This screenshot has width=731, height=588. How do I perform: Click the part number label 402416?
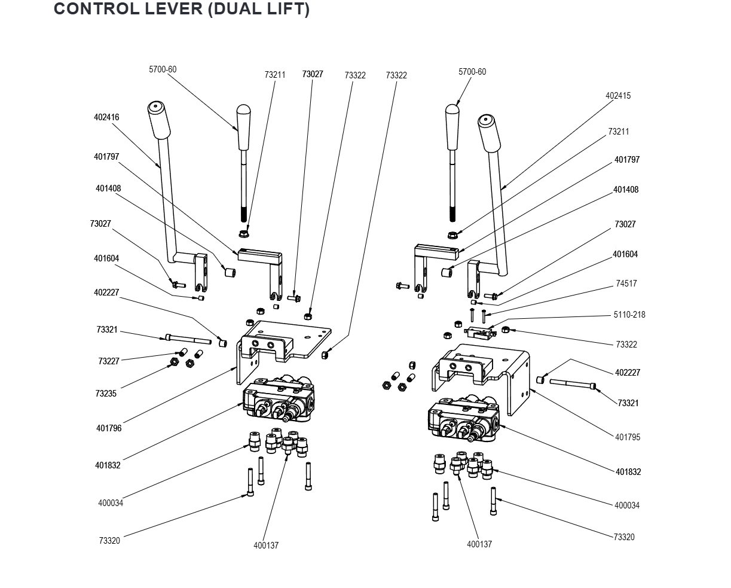(x=106, y=117)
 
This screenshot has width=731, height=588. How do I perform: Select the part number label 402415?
(x=618, y=96)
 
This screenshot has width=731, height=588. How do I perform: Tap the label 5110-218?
(x=629, y=315)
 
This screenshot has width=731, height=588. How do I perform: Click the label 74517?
(x=626, y=284)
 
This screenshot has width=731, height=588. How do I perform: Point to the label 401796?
(x=109, y=428)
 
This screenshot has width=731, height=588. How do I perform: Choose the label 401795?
(x=628, y=437)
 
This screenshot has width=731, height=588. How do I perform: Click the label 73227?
(x=109, y=361)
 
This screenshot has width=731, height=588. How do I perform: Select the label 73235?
(x=106, y=394)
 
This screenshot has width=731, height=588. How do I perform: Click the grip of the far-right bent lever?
(x=490, y=133)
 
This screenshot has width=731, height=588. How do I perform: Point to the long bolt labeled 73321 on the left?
(x=186, y=340)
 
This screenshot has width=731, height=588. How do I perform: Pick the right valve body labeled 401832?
(x=463, y=419)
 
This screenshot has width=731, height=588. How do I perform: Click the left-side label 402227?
(x=106, y=293)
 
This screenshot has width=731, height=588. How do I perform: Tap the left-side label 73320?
(x=109, y=541)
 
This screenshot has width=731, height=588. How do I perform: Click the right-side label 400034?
(x=627, y=505)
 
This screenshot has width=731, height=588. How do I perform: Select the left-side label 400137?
(x=266, y=546)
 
